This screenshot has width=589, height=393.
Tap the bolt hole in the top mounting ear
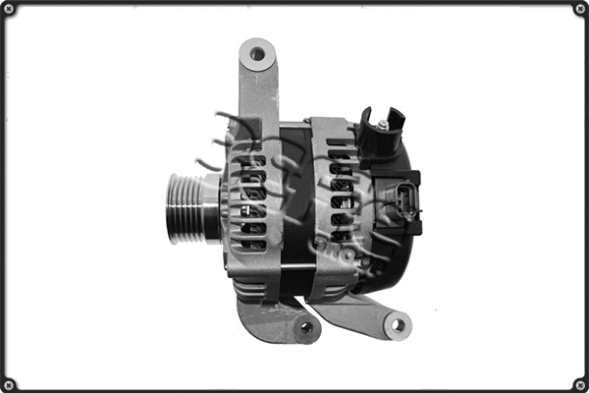point(257,54)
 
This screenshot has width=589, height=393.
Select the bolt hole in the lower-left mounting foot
point(306,327)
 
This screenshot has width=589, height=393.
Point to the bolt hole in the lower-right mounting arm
point(396,323)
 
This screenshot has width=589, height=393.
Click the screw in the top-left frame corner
point(8,8)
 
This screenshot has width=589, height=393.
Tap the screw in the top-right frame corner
point(580,8)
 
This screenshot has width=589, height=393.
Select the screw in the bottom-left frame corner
point(8,384)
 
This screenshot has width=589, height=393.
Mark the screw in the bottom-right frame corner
point(580,384)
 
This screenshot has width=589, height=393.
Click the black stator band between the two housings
point(294,196)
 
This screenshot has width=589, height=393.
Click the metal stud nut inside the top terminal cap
point(382,124)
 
